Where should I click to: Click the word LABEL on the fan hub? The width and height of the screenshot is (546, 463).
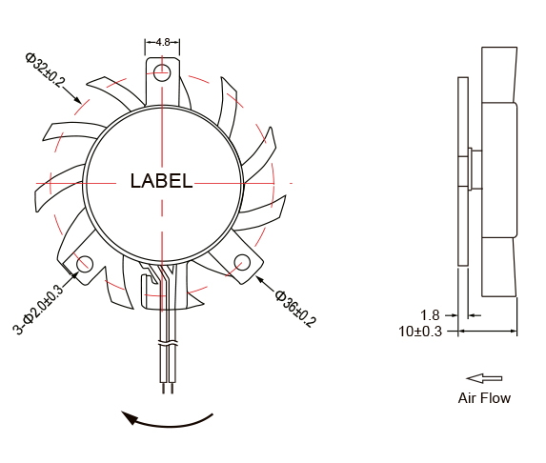(x=161, y=181)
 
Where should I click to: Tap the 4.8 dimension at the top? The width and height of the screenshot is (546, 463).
(x=162, y=42)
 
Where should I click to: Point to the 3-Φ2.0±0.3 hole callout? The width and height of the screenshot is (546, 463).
(x=38, y=310)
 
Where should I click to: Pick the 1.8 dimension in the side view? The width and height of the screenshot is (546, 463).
(x=430, y=315)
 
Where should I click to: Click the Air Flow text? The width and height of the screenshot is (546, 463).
(x=484, y=398)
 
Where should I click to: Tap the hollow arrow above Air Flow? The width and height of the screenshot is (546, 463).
(x=484, y=378)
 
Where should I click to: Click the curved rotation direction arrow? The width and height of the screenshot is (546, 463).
(x=167, y=418)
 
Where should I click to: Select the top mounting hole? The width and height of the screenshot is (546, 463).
(x=162, y=70)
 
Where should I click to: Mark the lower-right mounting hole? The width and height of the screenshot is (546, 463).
(x=242, y=263)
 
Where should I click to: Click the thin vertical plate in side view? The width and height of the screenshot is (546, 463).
(x=463, y=171)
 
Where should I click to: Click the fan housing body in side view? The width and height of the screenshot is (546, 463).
(x=499, y=171)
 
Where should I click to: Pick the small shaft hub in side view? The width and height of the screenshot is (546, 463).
(x=473, y=171)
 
